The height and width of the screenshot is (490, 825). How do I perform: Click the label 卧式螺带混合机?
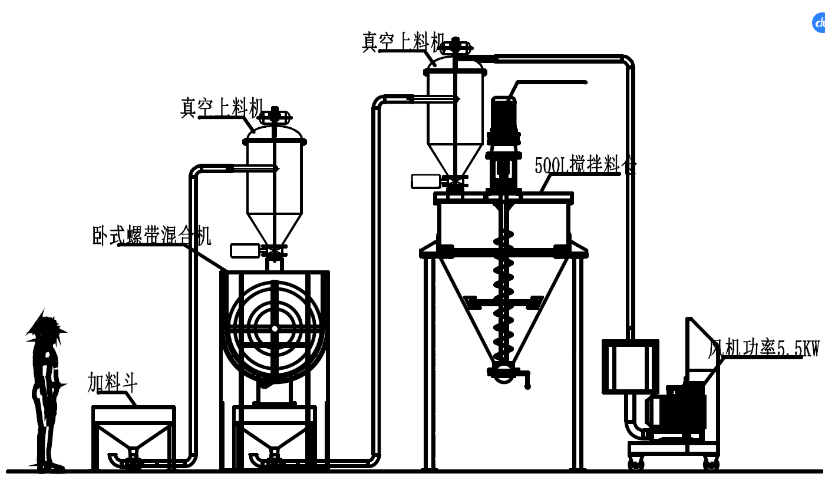coord(151,235)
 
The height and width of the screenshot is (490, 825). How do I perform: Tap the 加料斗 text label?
coord(112,382)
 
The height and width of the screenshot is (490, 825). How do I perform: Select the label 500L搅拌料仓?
coord(585,165)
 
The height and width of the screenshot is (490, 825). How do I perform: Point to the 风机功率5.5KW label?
coord(763,349)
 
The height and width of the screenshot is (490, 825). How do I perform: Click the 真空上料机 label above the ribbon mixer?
coord(222,108)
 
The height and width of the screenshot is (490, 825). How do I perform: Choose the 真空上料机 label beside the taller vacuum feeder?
coord(403,42)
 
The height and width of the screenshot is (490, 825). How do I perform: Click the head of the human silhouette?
coord(45,330)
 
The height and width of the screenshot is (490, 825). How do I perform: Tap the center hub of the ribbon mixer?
coord(275,328)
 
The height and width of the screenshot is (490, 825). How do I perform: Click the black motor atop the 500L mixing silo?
coord(504,121)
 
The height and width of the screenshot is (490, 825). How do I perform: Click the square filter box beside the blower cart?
coord(630,366)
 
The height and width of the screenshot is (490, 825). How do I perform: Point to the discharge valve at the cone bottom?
coord(504,372)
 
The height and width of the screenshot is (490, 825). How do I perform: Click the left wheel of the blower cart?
coord(636,463)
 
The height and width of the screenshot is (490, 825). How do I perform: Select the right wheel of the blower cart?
coord(711,463)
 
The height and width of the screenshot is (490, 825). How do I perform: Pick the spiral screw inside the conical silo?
coord(503,294)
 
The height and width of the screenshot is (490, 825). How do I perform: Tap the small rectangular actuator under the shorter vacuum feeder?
coord(245,251)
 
